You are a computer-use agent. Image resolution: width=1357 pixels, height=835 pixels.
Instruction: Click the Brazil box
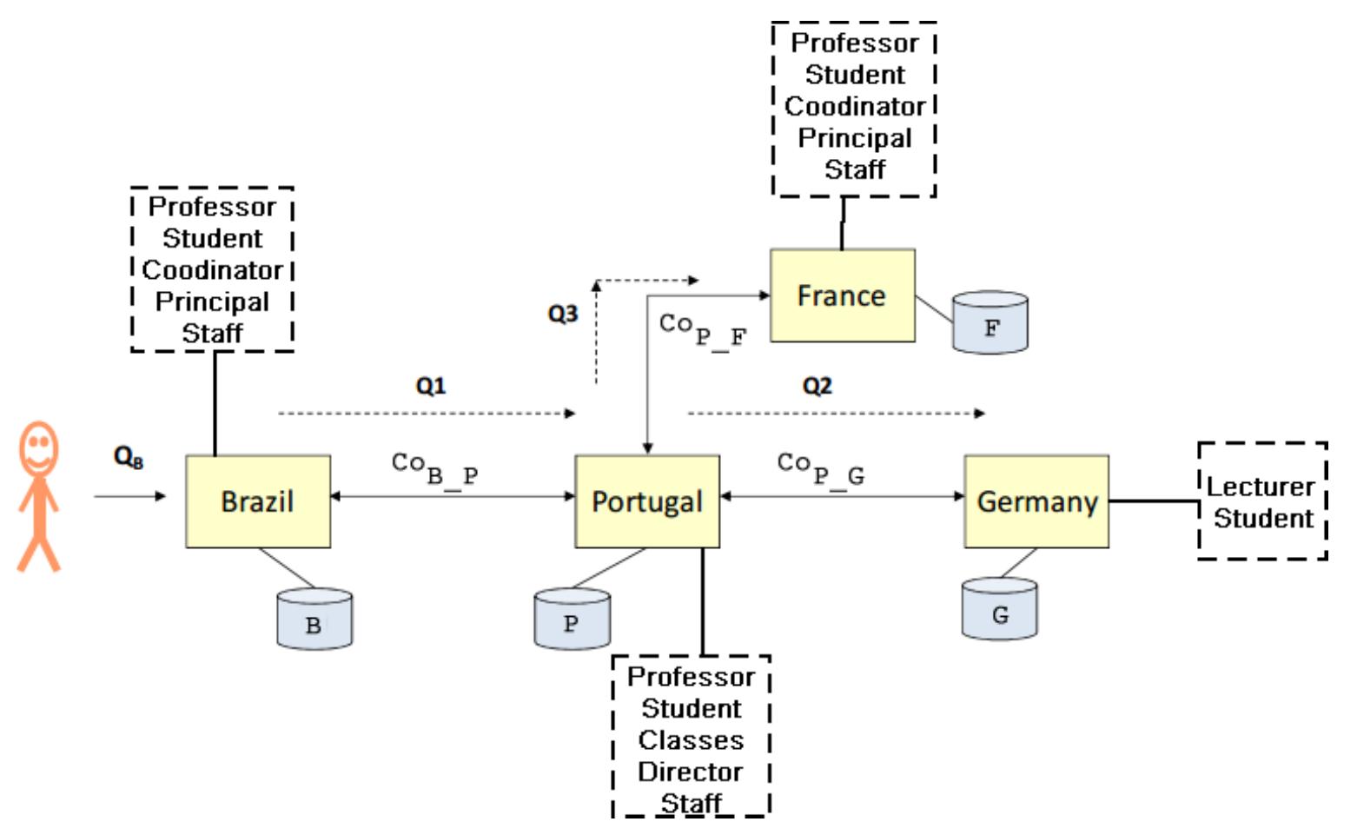pos(258,501)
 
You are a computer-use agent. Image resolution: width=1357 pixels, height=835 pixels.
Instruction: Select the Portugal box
pos(647,501)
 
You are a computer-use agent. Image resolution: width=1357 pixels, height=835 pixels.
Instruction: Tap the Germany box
pos(1036,501)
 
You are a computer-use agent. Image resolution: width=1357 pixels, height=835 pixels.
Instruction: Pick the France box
pos(842,295)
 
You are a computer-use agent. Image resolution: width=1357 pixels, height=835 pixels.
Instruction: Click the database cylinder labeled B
pos(314,620)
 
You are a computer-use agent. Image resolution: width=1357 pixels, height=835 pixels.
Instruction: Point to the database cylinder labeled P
pos(572,619)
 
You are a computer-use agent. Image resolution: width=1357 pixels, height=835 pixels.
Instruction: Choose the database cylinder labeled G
pos(999,610)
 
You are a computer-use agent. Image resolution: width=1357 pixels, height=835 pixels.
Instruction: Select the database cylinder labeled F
pos(990,323)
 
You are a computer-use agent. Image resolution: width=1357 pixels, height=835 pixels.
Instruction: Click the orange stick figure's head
pos(38,447)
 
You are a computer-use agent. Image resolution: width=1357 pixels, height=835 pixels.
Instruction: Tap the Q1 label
pos(431,385)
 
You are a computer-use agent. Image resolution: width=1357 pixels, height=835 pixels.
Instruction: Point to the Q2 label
pos(817,385)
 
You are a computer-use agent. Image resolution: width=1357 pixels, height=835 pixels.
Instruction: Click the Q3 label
pos(563,314)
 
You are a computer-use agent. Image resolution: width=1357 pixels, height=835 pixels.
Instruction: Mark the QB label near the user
pos(129,457)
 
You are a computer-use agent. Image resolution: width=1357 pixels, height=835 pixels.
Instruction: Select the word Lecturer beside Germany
pos(1261,487)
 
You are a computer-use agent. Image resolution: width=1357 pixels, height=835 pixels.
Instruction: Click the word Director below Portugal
pos(691,772)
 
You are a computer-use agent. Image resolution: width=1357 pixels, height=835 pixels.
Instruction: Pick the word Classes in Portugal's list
pos(691,740)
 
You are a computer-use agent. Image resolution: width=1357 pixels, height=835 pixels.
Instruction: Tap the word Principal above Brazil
pos(212,302)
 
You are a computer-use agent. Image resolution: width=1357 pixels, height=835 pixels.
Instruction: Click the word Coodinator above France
pos(855,106)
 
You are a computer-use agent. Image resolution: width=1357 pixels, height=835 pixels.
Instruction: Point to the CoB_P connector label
pos(434,468)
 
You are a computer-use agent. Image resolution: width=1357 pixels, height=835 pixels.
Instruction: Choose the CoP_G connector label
pos(820,468)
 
